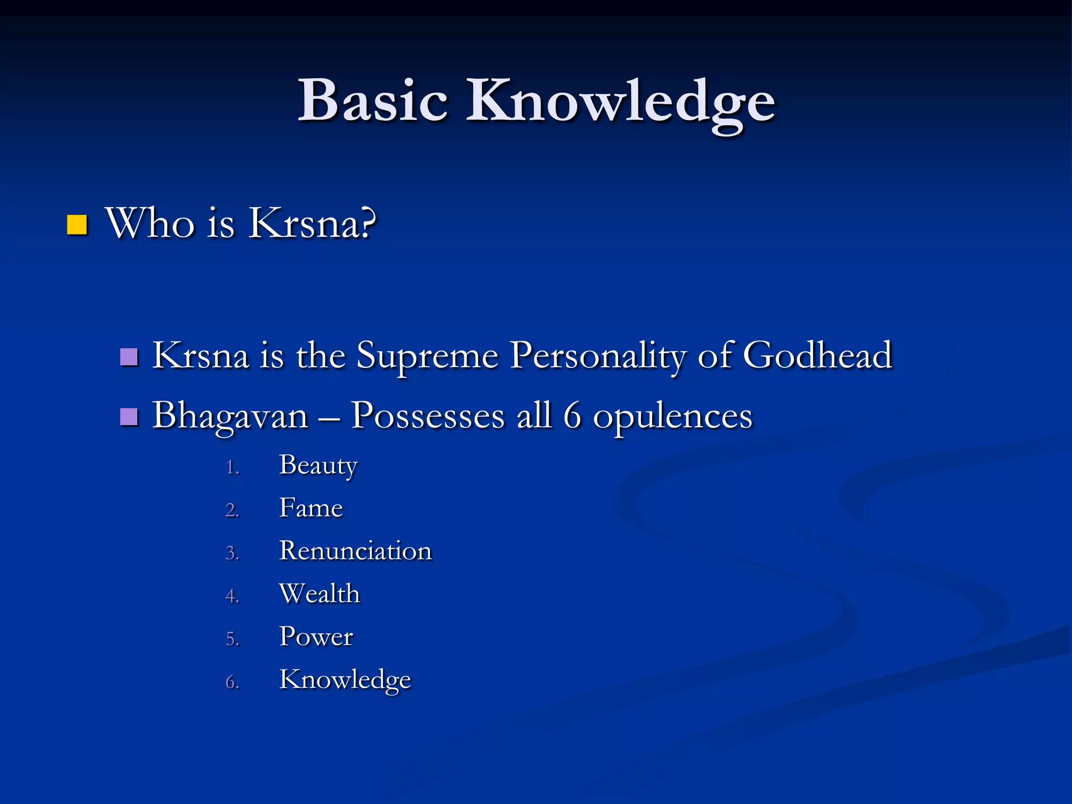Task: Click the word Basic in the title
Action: [x=373, y=100]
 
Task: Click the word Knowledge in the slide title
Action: [x=620, y=102]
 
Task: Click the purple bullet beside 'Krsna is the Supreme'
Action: [x=129, y=357]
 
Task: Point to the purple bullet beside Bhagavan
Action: [x=129, y=417]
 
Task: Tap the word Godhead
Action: [x=817, y=355]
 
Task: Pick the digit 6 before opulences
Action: [x=572, y=416]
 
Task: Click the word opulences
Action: [x=672, y=417]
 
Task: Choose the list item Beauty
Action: [x=318, y=465]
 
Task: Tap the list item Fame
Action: [x=311, y=508]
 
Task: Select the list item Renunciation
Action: [x=355, y=551]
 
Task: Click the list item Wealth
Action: [x=319, y=594]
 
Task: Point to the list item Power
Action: [x=316, y=636]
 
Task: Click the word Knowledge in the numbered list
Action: [x=345, y=680]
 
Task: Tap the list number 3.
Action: [x=232, y=553]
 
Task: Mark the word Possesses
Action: [x=427, y=416]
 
